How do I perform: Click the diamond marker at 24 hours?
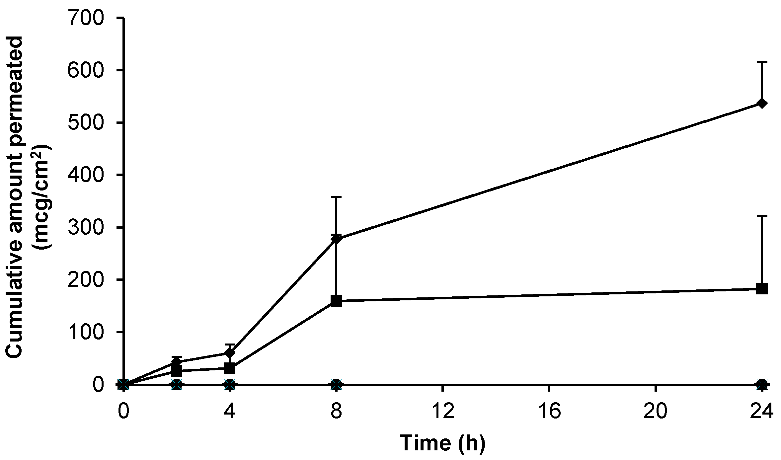click(762, 104)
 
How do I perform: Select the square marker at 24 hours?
click(762, 288)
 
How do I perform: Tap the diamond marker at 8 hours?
click(336, 239)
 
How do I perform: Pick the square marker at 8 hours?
click(336, 301)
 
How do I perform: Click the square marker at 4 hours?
click(230, 368)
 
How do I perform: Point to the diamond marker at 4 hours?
click(230, 353)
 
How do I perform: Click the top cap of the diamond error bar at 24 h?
click(762, 62)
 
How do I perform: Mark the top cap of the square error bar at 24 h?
click(762, 216)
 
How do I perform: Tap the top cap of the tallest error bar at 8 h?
click(336, 197)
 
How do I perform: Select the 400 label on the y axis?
click(86, 175)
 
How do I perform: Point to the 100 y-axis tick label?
click(86, 332)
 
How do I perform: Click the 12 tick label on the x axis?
click(443, 411)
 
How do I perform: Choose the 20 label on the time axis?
click(656, 411)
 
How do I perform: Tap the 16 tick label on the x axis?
click(549, 411)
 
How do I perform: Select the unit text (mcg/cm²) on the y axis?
click(41, 196)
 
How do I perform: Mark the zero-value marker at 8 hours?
click(336, 385)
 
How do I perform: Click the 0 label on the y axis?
click(98, 385)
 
